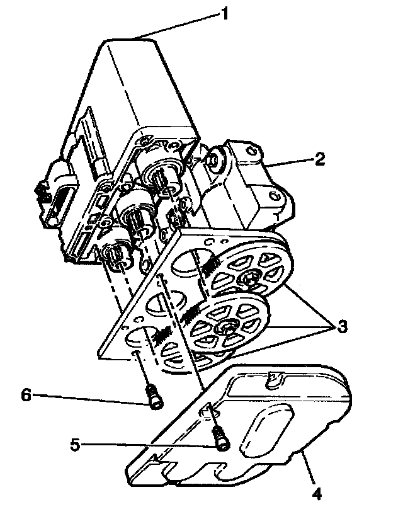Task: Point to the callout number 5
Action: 76,445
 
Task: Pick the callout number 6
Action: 26,395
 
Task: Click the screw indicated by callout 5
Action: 220,438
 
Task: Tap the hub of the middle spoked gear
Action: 224,327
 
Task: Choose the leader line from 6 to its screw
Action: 88,396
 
